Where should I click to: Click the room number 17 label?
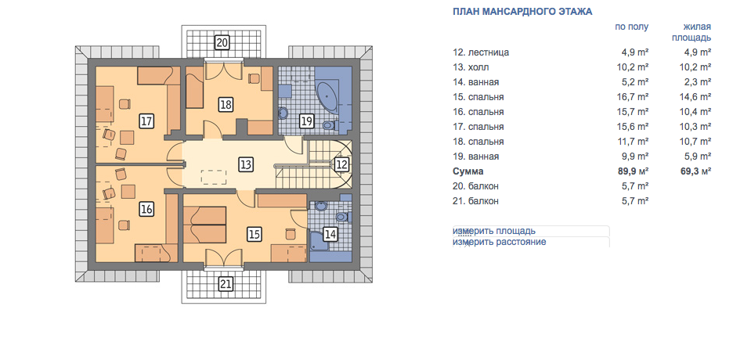[x=146, y=121]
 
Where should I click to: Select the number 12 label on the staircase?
[x=341, y=164]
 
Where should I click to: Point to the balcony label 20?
[x=222, y=42]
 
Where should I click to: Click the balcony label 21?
[x=226, y=284]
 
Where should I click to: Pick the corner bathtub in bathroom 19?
[x=332, y=97]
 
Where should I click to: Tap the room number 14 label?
[x=330, y=234]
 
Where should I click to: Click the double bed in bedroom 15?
[x=204, y=225]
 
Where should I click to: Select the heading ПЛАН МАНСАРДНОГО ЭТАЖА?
[x=522, y=12]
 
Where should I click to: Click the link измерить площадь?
[x=494, y=231]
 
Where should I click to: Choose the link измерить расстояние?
[x=500, y=243]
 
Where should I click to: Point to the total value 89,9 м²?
[x=633, y=171]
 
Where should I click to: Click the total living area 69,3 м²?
[x=695, y=171]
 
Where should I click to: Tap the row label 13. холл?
[x=471, y=67]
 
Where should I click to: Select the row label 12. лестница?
[x=481, y=52]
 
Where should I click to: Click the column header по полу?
[x=631, y=27]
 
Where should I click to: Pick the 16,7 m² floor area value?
[x=633, y=97]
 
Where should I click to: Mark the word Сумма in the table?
[x=468, y=171]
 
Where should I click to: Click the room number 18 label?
[x=226, y=105]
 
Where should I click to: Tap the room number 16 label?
[x=146, y=209]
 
